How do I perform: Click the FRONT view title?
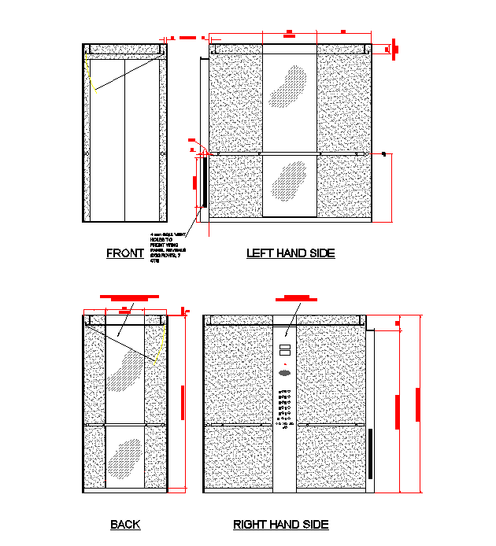point(125,253)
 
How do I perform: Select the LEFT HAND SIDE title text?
point(291,253)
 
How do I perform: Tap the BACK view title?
point(125,525)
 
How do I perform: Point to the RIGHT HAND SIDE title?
point(281,525)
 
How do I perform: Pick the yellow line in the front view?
point(91,78)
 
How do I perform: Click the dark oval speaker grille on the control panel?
point(285,372)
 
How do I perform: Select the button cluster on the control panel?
point(284,408)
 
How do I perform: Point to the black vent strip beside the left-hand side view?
point(204,182)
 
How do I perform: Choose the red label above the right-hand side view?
point(295,298)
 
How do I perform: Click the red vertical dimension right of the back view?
point(183,402)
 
